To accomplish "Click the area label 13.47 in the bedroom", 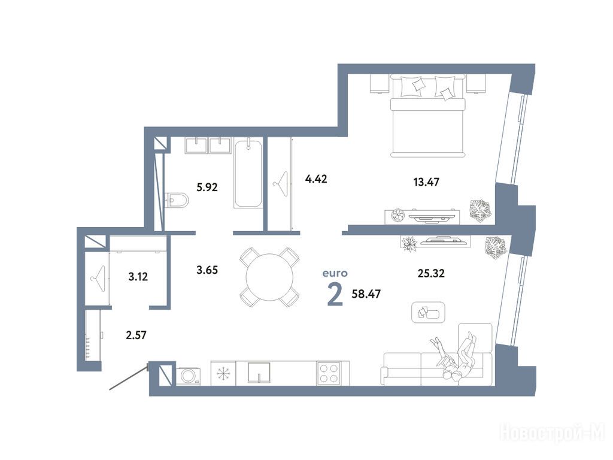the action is (426, 182).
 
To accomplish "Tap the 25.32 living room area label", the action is (431, 273).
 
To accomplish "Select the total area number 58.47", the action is (366, 293).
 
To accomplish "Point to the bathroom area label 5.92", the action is (207, 187).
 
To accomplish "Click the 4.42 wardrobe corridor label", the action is (316, 180).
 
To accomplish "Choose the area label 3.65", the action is (207, 270).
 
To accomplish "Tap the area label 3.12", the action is (138, 277).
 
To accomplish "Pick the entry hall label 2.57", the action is (136, 335).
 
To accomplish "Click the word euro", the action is (335, 273).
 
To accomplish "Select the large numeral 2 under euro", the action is (335, 295).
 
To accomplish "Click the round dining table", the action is (269, 277).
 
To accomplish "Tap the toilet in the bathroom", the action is (177, 200).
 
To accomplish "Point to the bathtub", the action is (248, 174).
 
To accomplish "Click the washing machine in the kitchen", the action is (189, 376).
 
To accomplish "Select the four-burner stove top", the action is (329, 373).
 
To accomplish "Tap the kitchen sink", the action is (259, 373).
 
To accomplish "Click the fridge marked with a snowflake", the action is (223, 373).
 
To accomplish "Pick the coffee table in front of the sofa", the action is (429, 312).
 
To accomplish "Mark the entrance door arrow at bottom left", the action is (129, 377).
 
